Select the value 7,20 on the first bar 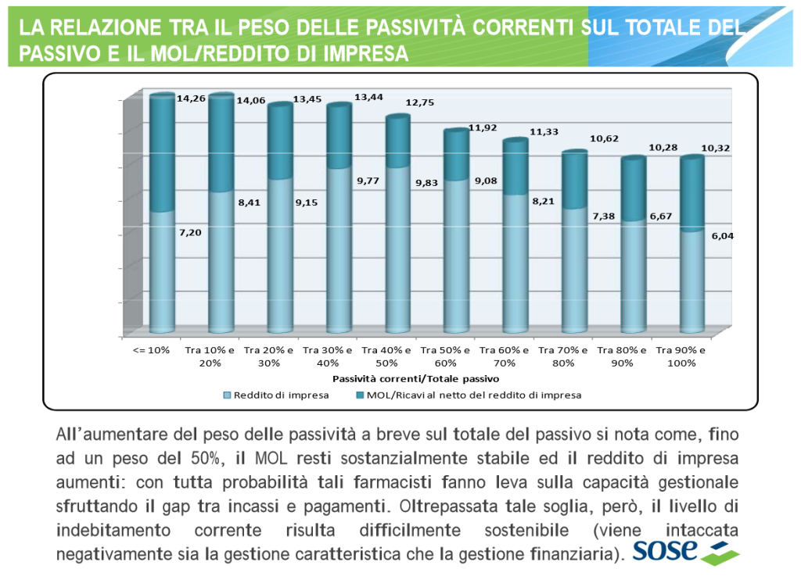(x=192, y=233)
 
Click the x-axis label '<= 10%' (x=153, y=349)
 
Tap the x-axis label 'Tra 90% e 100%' (x=681, y=356)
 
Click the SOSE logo (x=685, y=550)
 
